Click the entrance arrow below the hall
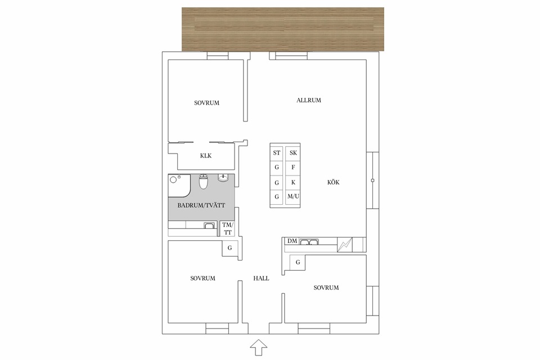click(258, 347)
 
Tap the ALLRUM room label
click(309, 100)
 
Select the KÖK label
click(334, 182)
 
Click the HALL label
click(261, 278)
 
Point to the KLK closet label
click(206, 156)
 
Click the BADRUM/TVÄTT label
click(201, 205)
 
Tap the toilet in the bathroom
click(204, 182)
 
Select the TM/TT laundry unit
click(227, 229)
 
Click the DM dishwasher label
click(292, 241)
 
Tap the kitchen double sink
click(309, 241)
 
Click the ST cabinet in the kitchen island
click(277, 153)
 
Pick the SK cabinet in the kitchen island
click(293, 153)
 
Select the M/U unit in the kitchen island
click(293, 197)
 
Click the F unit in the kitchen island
click(293, 168)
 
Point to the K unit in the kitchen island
click(293, 182)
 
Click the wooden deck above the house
click(283, 29)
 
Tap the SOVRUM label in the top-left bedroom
click(206, 103)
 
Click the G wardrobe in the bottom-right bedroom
click(298, 263)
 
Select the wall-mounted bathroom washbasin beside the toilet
click(223, 178)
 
